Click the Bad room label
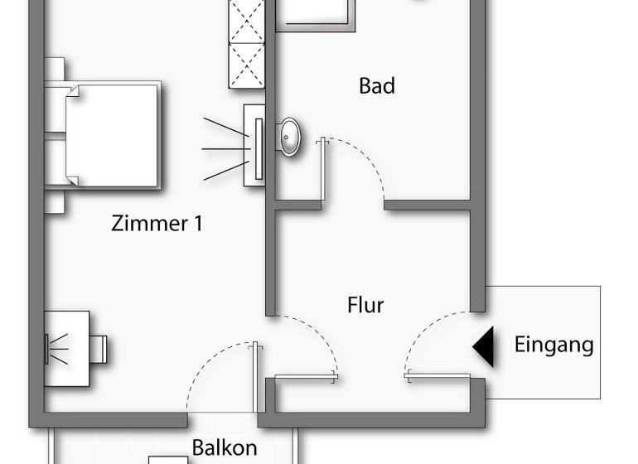[x=377, y=85]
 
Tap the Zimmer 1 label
[x=157, y=223]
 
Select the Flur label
[x=365, y=305]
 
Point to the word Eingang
[x=553, y=344]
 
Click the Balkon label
[x=224, y=447]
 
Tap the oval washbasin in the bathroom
[x=289, y=137]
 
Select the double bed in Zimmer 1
[x=113, y=134]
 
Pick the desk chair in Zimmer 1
[x=98, y=348]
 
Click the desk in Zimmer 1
[x=66, y=348]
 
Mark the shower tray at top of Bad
[x=316, y=14]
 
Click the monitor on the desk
[x=46, y=349]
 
